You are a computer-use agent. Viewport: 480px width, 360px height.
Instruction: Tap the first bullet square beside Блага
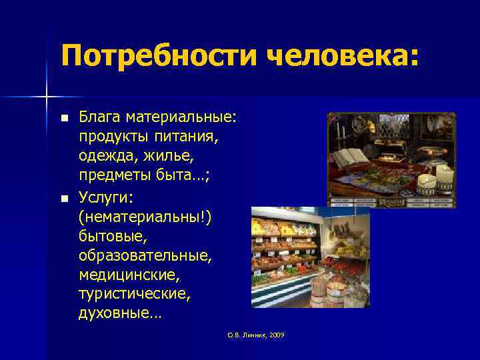pos(64,119)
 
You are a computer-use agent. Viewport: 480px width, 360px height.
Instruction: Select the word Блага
pos(99,118)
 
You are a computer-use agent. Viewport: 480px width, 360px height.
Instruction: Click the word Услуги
pos(105,197)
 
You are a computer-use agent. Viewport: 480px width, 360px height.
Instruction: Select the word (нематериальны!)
pos(144,217)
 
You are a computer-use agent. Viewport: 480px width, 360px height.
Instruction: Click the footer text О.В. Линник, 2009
pos(255,335)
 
